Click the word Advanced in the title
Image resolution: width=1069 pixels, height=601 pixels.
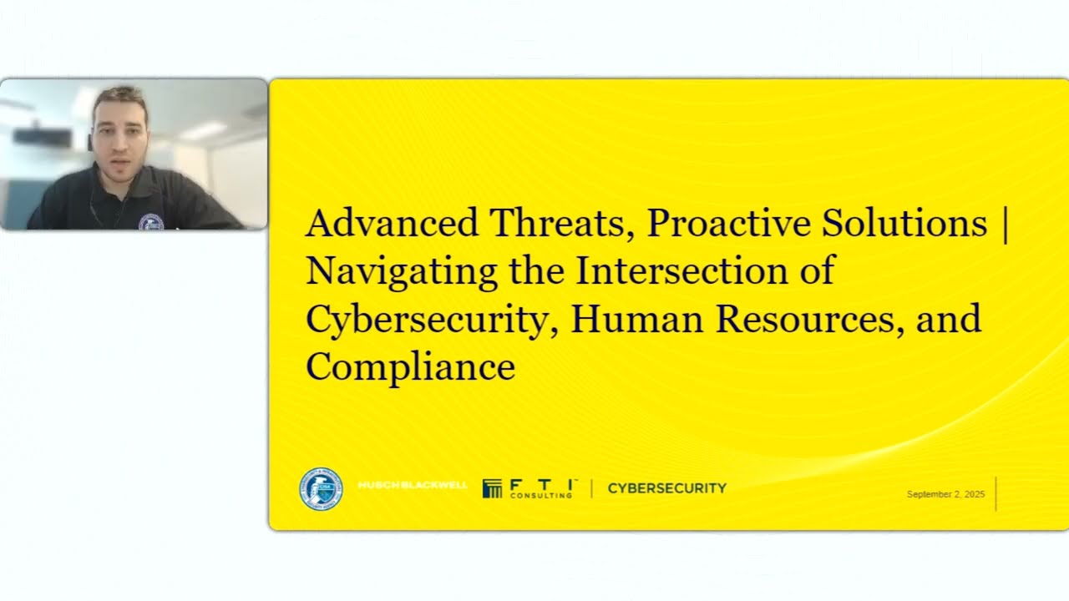392,224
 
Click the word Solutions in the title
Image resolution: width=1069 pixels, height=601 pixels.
904,224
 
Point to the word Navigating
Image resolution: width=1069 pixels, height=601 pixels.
403,272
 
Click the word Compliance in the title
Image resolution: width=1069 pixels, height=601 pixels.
410,367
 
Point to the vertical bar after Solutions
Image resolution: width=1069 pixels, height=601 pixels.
1004,224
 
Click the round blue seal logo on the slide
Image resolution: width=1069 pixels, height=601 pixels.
321,489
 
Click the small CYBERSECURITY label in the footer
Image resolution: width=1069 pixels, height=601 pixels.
666,488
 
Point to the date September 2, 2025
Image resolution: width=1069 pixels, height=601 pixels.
945,494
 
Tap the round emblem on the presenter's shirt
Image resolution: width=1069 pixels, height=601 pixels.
150,222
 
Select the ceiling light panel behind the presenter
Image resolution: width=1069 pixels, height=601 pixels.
202,131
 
